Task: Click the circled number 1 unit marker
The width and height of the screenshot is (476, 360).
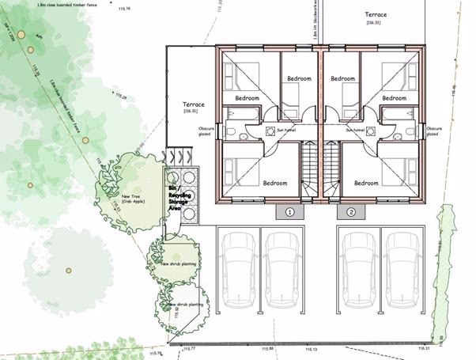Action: tap(289, 212)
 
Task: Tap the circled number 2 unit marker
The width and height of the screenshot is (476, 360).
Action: tap(350, 212)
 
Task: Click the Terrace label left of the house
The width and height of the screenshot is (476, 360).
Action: tap(194, 105)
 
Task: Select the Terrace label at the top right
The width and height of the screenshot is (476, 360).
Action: tap(376, 15)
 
